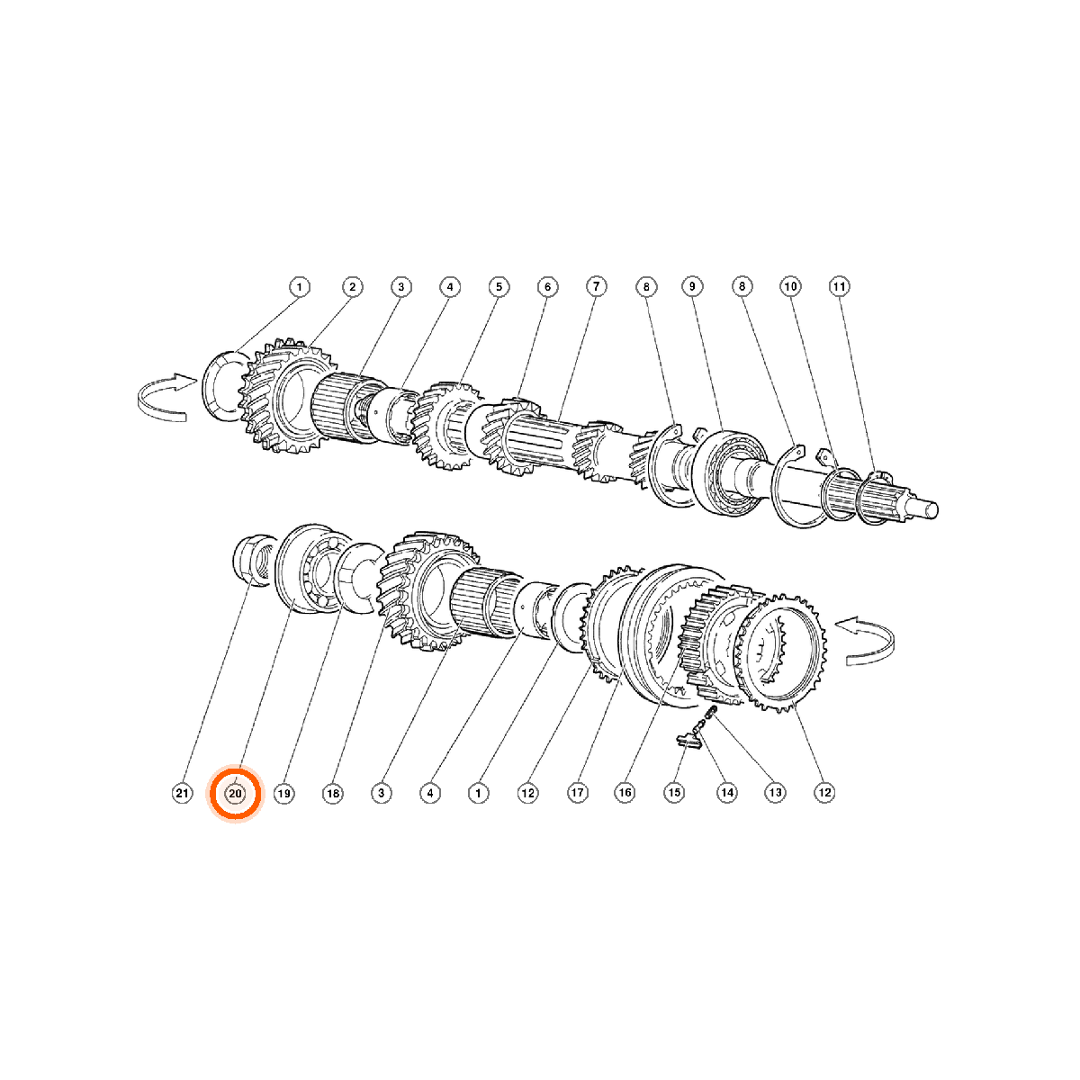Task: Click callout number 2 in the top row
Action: pyautogui.click(x=352, y=287)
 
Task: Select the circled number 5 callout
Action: pyautogui.click(x=499, y=286)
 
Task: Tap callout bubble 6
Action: pyautogui.click(x=547, y=286)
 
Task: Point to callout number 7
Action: pyautogui.click(x=597, y=286)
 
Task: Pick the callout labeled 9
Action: pyautogui.click(x=692, y=286)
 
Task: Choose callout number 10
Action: pyautogui.click(x=790, y=286)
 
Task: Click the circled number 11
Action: pyautogui.click(x=839, y=286)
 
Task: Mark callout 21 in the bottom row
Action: pyautogui.click(x=182, y=793)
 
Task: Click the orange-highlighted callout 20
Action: pyautogui.click(x=236, y=794)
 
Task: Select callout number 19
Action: pyautogui.click(x=284, y=793)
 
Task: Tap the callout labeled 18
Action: pyautogui.click(x=333, y=793)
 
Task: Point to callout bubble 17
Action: pyautogui.click(x=577, y=793)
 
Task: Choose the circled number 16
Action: pyautogui.click(x=625, y=792)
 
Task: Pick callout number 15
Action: pyautogui.click(x=674, y=792)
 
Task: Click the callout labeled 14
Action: pyautogui.click(x=727, y=792)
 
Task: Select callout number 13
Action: pyautogui.click(x=775, y=792)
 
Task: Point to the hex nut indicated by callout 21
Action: pyautogui.click(x=253, y=560)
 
